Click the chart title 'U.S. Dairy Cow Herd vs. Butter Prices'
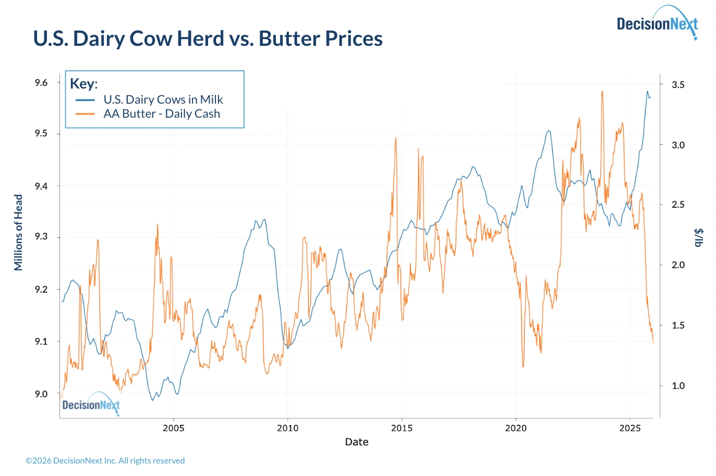[208, 39]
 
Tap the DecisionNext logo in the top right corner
[657, 23]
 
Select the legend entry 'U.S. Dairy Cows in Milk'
[163, 99]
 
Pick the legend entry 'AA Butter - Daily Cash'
[161, 114]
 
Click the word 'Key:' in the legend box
[84, 84]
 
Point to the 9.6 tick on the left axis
[41, 83]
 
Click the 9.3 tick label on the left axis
[41, 237]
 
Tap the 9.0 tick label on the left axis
[41, 394]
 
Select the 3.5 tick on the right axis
[678, 85]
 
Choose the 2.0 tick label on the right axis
[678, 265]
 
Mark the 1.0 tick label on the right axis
[678, 386]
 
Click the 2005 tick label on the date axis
[174, 428]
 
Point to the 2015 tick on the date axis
[402, 428]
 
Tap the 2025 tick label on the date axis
[630, 428]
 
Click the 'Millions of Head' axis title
[19, 232]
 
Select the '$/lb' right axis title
[698, 237]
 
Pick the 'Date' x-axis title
[357, 442]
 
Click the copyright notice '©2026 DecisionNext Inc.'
[105, 461]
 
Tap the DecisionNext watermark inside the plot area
[91, 405]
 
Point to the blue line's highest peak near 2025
[648, 92]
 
